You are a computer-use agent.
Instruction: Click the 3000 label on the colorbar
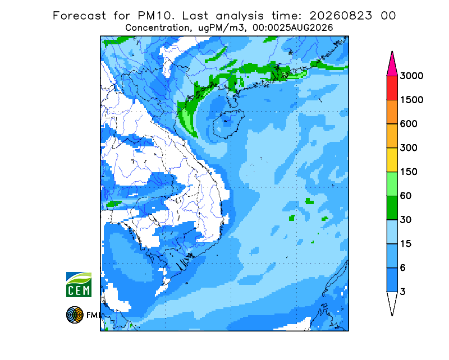click(x=411, y=76)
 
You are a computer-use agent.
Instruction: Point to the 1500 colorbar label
click(x=411, y=100)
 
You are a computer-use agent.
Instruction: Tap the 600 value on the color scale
click(x=409, y=124)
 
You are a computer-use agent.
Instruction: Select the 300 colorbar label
click(x=409, y=148)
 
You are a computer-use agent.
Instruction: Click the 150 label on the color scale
click(x=409, y=172)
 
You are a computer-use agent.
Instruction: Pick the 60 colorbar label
click(x=406, y=196)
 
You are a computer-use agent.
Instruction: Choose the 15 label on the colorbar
click(x=406, y=244)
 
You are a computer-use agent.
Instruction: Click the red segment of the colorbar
click(x=392, y=88)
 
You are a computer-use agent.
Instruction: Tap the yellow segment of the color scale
click(x=392, y=160)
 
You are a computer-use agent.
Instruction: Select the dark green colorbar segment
click(x=392, y=208)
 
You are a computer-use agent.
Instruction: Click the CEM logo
click(x=79, y=284)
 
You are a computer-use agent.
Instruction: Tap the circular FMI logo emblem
click(x=75, y=315)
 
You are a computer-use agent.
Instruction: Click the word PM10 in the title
click(x=156, y=16)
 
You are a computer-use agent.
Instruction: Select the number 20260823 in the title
click(x=341, y=16)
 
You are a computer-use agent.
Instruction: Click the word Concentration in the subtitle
click(x=157, y=28)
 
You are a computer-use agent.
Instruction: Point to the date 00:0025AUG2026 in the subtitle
click(x=292, y=28)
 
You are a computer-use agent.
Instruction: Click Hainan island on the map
click(x=228, y=123)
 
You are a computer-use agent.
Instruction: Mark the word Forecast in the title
click(x=79, y=16)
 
